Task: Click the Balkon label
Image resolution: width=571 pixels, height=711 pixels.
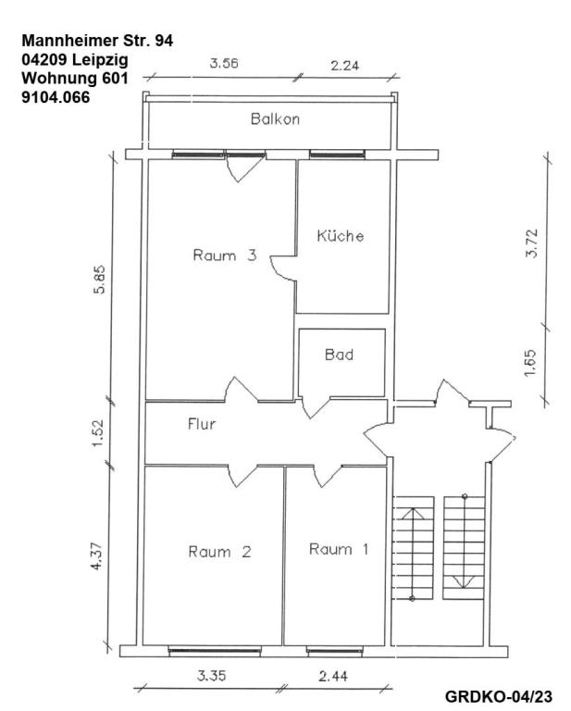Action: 275,119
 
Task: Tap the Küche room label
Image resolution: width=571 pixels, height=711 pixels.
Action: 340,235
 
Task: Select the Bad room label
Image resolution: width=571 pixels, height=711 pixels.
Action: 340,354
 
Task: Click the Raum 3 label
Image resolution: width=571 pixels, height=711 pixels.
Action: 223,256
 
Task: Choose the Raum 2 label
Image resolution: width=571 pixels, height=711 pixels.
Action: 219,552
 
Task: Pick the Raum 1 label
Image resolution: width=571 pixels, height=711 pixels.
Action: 339,549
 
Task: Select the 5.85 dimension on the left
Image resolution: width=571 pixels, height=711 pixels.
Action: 99,279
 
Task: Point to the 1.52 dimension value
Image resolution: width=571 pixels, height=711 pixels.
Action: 99,432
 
